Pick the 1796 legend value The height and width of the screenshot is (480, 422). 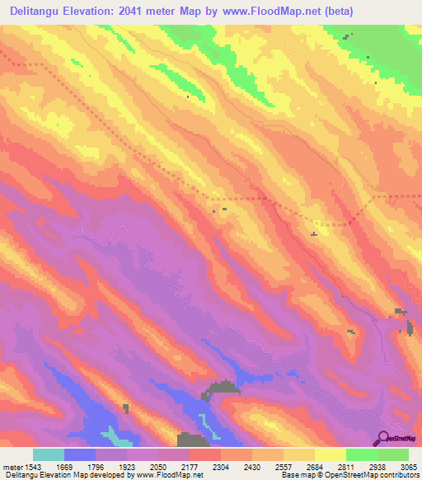click(112, 467)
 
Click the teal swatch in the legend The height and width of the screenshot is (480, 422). click(49, 454)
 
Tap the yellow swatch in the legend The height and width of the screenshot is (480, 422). click(331, 454)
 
